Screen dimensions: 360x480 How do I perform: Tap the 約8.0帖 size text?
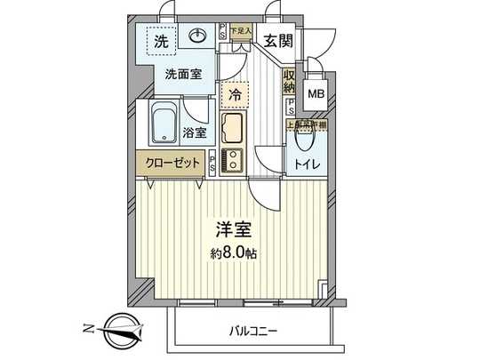(236, 253)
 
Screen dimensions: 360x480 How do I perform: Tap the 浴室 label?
(196, 133)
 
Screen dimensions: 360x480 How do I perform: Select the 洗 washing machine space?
(161, 42)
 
